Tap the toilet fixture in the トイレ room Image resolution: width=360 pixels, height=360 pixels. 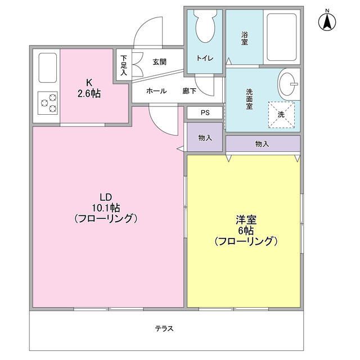pyautogui.click(x=203, y=25)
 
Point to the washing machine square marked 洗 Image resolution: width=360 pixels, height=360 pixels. pyautogui.click(x=281, y=114)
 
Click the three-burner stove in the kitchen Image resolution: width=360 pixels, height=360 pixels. pyautogui.click(x=48, y=103)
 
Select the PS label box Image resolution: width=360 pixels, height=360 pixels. pyautogui.click(x=205, y=112)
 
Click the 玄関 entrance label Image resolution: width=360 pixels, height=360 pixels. pyautogui.click(x=159, y=62)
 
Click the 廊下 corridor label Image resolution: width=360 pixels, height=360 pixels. pyautogui.click(x=190, y=91)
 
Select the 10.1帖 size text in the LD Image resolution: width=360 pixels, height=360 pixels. pyautogui.click(x=106, y=208)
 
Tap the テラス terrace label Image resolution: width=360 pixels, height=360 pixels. pyautogui.click(x=164, y=328)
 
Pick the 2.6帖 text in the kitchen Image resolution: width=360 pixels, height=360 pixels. pyautogui.click(x=89, y=94)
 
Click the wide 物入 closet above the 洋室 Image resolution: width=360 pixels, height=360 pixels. pyautogui.click(x=262, y=144)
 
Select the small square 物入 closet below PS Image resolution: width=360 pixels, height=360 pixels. pyautogui.click(x=205, y=137)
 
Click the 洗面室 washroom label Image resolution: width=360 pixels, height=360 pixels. pyautogui.click(x=250, y=99)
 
